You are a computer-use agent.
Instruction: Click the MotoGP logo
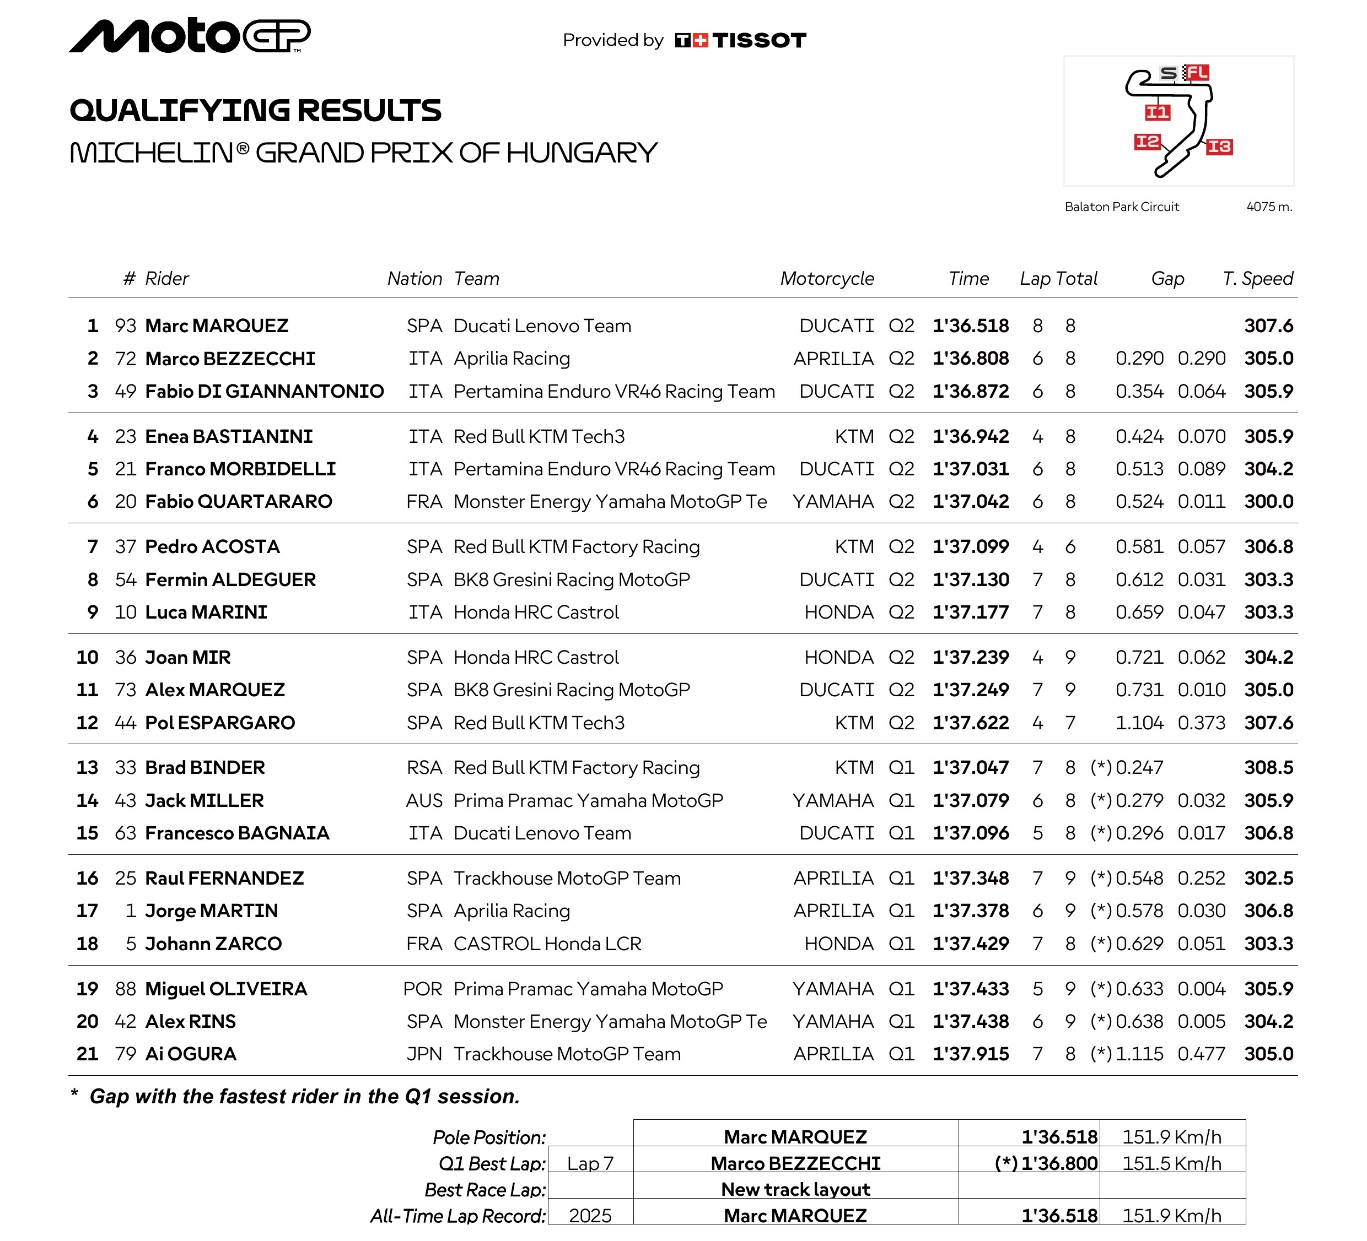click(x=190, y=36)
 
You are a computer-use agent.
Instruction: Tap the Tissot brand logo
click(x=740, y=41)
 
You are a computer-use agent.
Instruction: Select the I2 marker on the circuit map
click(x=1147, y=142)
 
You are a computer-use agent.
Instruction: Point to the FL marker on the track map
click(x=1197, y=73)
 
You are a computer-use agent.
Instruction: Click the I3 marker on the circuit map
click(x=1219, y=147)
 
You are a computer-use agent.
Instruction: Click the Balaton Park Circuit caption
click(x=1122, y=207)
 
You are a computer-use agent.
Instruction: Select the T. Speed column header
click(x=1258, y=279)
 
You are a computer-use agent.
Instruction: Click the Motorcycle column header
click(x=827, y=279)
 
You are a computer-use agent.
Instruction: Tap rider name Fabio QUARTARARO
click(x=239, y=502)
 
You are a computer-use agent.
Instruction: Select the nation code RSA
click(x=424, y=768)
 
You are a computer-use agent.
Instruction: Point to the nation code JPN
click(x=424, y=1054)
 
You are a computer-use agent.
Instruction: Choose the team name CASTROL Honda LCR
click(x=547, y=944)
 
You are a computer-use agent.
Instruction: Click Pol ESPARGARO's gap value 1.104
click(x=1139, y=723)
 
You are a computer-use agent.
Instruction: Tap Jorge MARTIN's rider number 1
click(x=131, y=911)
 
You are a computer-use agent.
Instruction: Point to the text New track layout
click(x=795, y=1189)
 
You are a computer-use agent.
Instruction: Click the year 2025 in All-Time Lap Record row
click(x=590, y=1216)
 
